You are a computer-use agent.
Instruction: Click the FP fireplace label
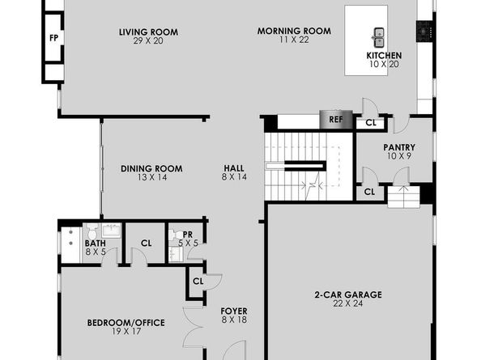(53, 38)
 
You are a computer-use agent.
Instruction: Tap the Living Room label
(148, 32)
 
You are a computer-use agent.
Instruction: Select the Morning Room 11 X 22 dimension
(294, 40)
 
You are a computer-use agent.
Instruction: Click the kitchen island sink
(379, 37)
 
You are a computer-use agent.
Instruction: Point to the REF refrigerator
(336, 119)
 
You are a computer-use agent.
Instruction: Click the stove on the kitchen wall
(424, 31)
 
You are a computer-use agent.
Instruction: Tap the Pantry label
(399, 147)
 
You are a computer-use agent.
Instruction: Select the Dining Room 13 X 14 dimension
(152, 177)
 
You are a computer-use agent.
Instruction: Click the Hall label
(234, 168)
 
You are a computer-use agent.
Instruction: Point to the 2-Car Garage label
(348, 294)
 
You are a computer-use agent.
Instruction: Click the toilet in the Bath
(92, 231)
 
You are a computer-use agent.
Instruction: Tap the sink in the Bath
(112, 230)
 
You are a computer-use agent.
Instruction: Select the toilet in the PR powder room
(175, 235)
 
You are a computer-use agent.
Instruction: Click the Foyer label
(234, 311)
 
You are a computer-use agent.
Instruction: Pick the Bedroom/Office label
(126, 323)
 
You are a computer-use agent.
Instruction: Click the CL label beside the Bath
(147, 244)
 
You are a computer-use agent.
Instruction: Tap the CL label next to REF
(371, 123)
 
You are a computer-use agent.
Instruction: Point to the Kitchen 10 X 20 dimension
(384, 65)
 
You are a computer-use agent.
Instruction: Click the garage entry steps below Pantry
(403, 197)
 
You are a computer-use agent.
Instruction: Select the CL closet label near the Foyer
(198, 282)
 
